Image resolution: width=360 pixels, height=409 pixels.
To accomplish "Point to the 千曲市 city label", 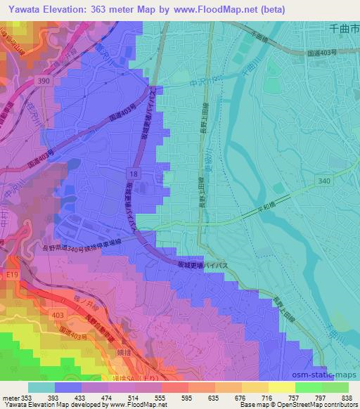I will pyautogui.click(x=344, y=28).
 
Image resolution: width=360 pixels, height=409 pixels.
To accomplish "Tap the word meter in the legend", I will pyautogui.click(x=9, y=397).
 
